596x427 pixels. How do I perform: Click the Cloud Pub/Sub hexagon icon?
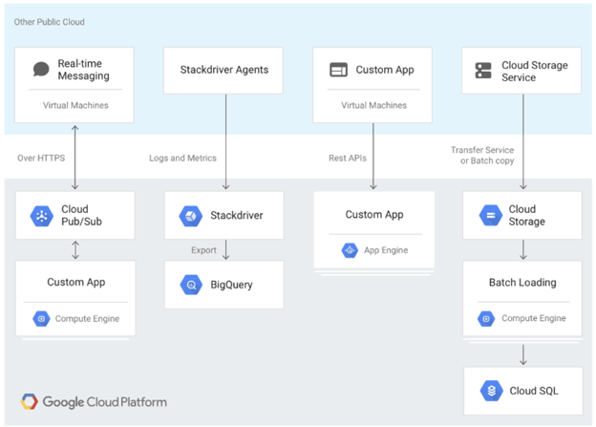[x=42, y=216]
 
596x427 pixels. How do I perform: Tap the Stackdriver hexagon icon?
[x=191, y=216]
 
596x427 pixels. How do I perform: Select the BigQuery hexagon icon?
[x=192, y=285]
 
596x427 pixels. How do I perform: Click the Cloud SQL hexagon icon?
[x=491, y=391]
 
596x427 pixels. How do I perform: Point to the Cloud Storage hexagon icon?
[x=490, y=216]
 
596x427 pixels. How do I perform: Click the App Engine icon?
[x=350, y=250]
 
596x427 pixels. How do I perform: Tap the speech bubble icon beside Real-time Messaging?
[x=41, y=70]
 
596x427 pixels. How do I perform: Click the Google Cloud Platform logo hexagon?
[x=30, y=402]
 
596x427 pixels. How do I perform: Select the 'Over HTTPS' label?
[x=41, y=158]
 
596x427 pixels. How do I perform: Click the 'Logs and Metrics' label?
[x=182, y=158]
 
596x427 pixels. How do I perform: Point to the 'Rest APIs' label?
[x=344, y=158]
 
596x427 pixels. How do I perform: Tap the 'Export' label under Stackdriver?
[x=204, y=250]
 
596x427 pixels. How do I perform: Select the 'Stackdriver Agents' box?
[x=224, y=70]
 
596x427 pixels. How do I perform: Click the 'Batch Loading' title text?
[x=522, y=283]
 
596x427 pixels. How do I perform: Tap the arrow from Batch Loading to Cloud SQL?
[x=523, y=354]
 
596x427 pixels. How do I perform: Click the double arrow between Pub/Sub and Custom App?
[x=75, y=250]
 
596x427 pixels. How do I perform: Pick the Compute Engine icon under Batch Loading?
[x=486, y=318]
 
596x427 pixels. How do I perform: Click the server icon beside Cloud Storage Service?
[x=483, y=71]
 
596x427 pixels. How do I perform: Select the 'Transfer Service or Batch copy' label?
[x=482, y=156]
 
